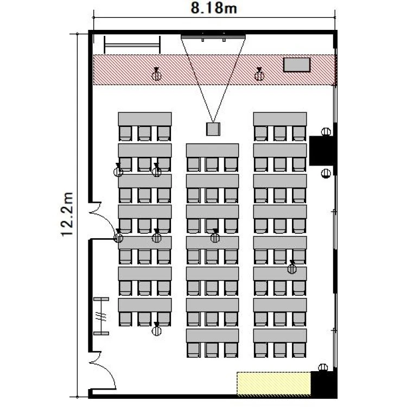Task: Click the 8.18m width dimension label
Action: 214,8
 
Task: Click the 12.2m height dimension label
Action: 67,214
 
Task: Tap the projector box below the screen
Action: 213,129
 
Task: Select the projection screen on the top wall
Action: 213,36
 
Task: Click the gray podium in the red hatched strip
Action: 297,65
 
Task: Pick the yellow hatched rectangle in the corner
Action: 274,384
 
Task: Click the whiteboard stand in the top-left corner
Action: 132,45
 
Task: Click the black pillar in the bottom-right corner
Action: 323,384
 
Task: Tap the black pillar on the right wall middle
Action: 322,150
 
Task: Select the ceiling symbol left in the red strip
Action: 156,74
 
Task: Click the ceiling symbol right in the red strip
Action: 259,74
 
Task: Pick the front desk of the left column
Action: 145,119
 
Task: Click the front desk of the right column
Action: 280,119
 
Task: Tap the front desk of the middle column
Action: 212,150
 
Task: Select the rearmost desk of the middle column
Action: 212,335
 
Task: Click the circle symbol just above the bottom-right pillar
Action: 323,367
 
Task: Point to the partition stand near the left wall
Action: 101,316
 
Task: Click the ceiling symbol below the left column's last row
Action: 156,329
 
